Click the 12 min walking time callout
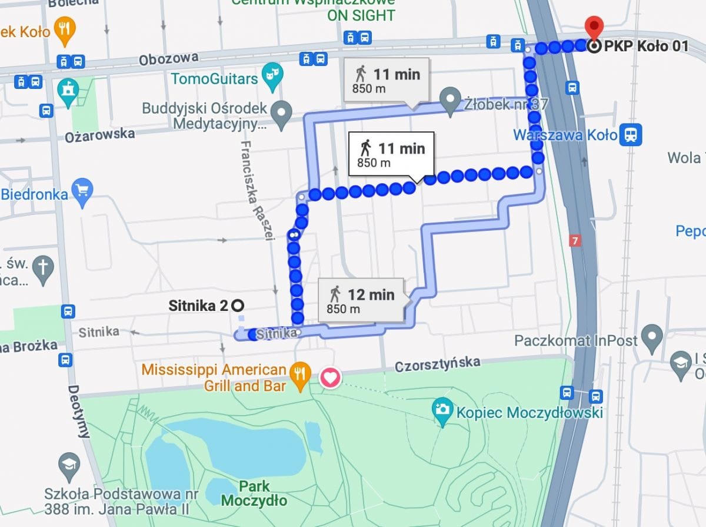click(362, 300)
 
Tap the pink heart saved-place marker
click(331, 377)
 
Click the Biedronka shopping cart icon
click(83, 191)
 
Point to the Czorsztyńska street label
click(437, 364)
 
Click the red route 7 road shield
click(575, 241)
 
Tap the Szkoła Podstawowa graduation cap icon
click(69, 465)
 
